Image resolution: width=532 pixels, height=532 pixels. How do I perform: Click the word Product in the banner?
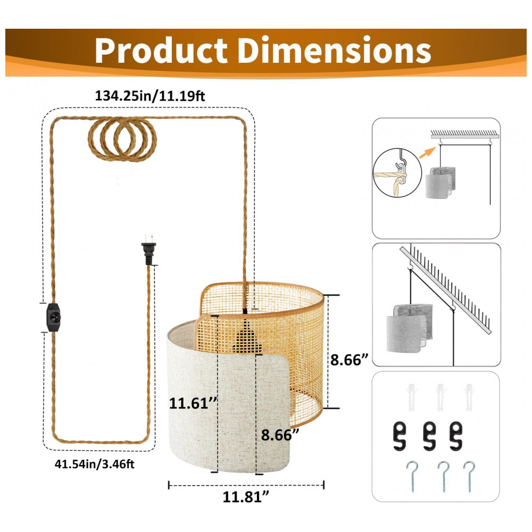tap(161, 50)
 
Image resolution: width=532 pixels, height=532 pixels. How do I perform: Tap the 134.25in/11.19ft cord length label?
tap(149, 96)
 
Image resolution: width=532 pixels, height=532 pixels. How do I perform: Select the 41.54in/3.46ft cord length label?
tap(94, 463)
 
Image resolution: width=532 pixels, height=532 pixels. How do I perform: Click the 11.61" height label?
tap(193, 403)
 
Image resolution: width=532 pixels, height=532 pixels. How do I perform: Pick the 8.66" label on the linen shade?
tap(280, 435)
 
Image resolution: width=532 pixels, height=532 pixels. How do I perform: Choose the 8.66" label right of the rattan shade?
tap(349, 359)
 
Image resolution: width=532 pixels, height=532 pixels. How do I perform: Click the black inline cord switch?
tap(54, 318)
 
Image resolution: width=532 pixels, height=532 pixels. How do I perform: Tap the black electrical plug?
tap(148, 250)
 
